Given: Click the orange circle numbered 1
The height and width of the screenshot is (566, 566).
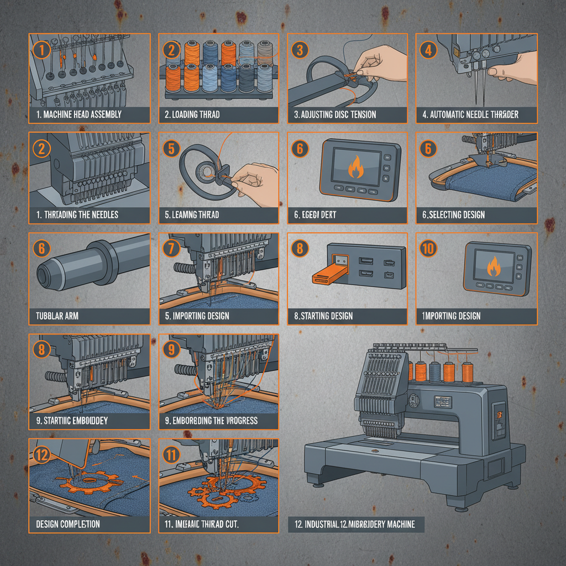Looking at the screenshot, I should tap(42, 50).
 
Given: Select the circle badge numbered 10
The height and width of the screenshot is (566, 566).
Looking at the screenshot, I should tap(428, 249).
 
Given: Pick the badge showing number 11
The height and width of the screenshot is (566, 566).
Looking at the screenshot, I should tap(171, 455).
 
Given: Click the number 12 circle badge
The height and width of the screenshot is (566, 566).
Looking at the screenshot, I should tap(42, 455).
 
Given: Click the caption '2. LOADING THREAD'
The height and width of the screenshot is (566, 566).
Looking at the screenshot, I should tap(192, 115).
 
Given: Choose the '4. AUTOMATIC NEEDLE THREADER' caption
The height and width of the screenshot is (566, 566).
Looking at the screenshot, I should tap(471, 115).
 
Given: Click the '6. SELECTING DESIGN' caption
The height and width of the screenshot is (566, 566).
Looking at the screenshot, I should tap(453, 215).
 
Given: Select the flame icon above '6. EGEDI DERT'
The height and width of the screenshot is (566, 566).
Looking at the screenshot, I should tap(354, 167).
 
